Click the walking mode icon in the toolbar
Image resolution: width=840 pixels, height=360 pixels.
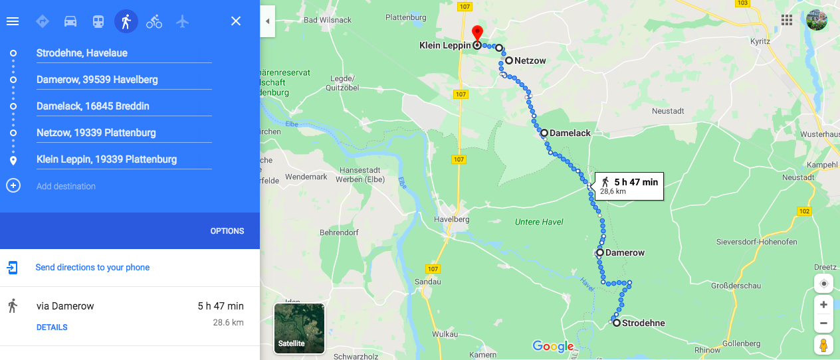click(126, 21)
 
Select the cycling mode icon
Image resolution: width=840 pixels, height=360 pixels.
click(154, 21)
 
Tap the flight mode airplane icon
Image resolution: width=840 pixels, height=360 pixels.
click(183, 21)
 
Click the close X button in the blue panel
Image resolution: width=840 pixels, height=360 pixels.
click(236, 21)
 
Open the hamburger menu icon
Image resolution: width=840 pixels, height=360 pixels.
click(13, 21)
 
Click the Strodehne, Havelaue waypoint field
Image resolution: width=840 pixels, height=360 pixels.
click(124, 53)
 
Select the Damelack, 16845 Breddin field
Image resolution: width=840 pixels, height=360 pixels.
click(124, 106)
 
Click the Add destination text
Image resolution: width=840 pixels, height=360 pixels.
click(66, 186)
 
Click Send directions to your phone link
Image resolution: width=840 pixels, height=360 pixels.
click(92, 268)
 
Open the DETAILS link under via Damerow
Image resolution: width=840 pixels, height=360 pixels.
click(52, 327)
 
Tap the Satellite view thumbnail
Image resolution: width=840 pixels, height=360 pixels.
click(299, 328)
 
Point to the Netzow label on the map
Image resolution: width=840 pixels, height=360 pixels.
click(530, 61)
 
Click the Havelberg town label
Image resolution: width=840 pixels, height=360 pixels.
click(451, 219)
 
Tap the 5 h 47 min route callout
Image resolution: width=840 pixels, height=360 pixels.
click(629, 185)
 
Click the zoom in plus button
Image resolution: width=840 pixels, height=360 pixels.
click(824, 305)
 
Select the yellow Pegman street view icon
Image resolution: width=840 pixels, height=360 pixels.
click(824, 345)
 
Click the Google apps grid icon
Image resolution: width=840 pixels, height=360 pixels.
click(787, 20)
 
